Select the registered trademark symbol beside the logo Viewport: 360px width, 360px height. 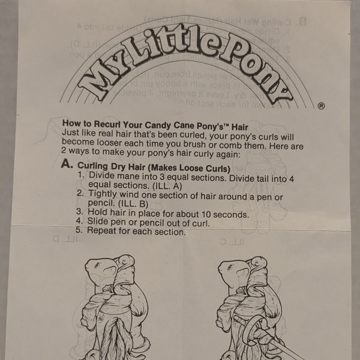tap(321, 106)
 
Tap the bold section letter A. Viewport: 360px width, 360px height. tap(67, 165)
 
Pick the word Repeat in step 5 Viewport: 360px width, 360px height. tap(102, 231)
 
